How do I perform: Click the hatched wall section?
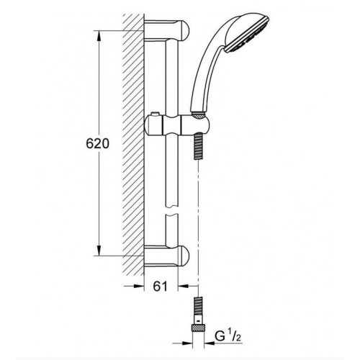point(131,144)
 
